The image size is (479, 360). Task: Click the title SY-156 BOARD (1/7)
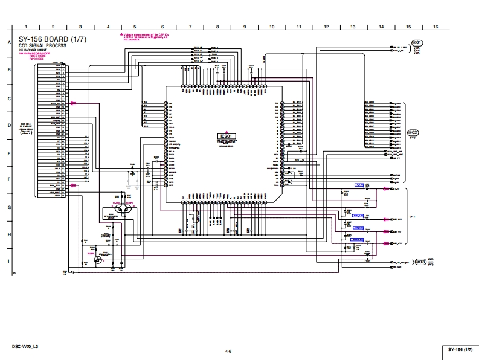tap(53, 40)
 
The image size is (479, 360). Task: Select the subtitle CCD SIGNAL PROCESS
tap(42, 46)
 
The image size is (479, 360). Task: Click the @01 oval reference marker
tap(417, 43)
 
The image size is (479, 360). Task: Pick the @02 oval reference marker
tap(413, 132)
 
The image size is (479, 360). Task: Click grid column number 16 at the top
tap(435, 27)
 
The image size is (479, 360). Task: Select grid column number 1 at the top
tap(26, 27)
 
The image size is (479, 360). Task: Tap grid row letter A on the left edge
tap(9, 42)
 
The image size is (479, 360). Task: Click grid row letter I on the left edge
tap(9, 261)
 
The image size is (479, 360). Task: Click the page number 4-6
tap(228, 351)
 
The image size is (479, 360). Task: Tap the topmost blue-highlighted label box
tap(359, 185)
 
